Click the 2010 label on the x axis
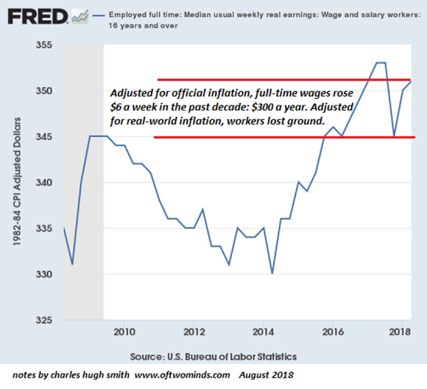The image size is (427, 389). [124, 332]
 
